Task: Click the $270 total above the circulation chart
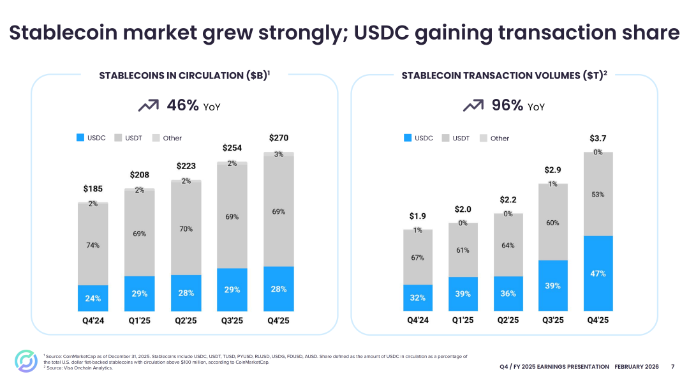[x=279, y=138]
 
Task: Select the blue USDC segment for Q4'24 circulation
[x=93, y=299]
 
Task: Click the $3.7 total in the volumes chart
[x=598, y=138]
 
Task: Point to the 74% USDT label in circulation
[x=93, y=245]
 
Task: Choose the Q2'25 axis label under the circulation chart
[x=186, y=320]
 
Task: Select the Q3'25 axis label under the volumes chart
[x=552, y=320]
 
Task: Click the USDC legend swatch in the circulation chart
[x=80, y=138]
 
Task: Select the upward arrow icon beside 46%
[x=148, y=106]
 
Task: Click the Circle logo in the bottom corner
[x=26, y=361]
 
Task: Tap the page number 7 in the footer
[x=672, y=367]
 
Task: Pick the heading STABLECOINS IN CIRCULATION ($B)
[x=184, y=76]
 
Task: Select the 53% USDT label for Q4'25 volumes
[x=598, y=195]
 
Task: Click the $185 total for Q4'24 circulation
[x=93, y=189]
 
